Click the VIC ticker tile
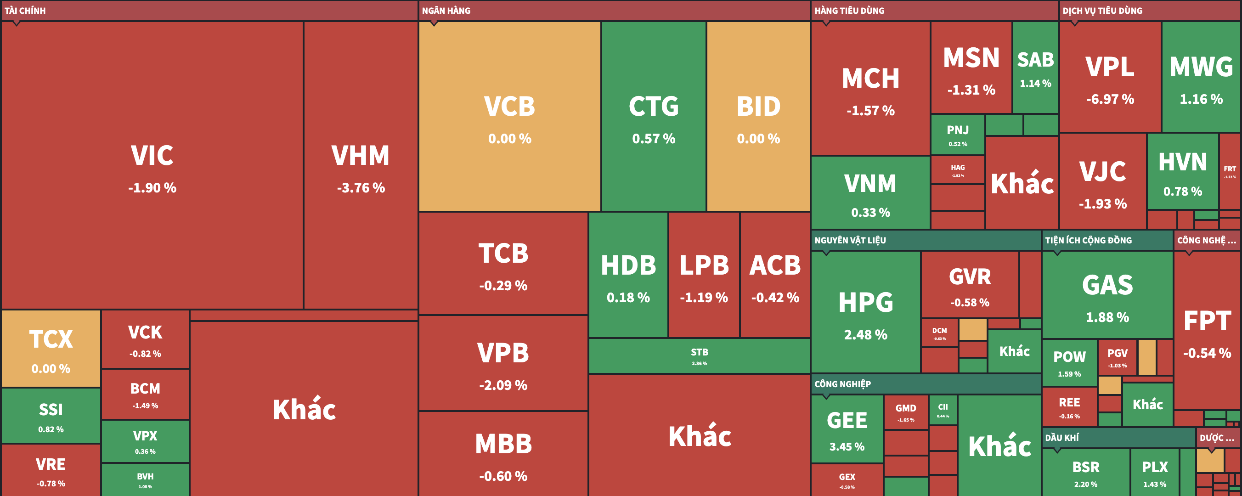coord(152,164)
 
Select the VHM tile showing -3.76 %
coord(361,164)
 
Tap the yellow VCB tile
coord(510,116)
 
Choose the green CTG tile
coord(653,116)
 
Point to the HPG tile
coord(865,311)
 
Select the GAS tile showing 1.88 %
coord(1107,294)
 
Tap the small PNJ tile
coord(958,134)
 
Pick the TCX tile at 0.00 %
coord(51,348)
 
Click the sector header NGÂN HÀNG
coord(446,11)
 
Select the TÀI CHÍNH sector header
coord(25,11)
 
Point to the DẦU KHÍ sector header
coord(1061,438)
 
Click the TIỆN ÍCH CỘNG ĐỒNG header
coord(1088,240)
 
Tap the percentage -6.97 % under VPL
coord(1110,99)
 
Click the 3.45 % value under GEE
coord(847,447)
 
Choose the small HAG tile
coord(958,169)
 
